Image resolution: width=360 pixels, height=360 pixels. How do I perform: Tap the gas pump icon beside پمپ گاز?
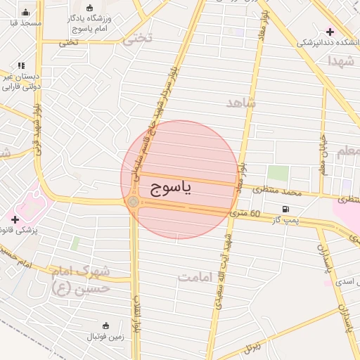(285, 209)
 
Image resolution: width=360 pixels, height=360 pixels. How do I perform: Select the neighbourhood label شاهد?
(241, 103)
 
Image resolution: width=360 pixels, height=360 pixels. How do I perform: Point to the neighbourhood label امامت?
(195, 277)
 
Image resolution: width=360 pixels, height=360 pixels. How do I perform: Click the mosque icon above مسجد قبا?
(26, 12)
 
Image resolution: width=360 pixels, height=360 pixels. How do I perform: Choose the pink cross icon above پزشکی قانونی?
(15, 219)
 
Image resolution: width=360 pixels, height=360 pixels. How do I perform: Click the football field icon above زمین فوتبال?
(105, 326)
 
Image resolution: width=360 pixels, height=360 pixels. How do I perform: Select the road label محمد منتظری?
(277, 190)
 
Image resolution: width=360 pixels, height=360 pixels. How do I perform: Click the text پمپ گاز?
(286, 221)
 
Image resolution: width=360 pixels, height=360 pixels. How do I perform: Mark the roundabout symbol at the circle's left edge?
(134, 202)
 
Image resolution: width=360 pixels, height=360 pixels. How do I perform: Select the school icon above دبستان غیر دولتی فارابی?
(20, 65)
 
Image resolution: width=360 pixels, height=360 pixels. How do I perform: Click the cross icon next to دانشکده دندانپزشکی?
(330, 32)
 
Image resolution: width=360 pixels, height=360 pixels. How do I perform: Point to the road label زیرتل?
(251, 347)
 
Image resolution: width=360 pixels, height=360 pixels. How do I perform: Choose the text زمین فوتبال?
(105, 337)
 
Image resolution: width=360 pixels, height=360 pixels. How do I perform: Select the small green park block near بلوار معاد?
(278, 173)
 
